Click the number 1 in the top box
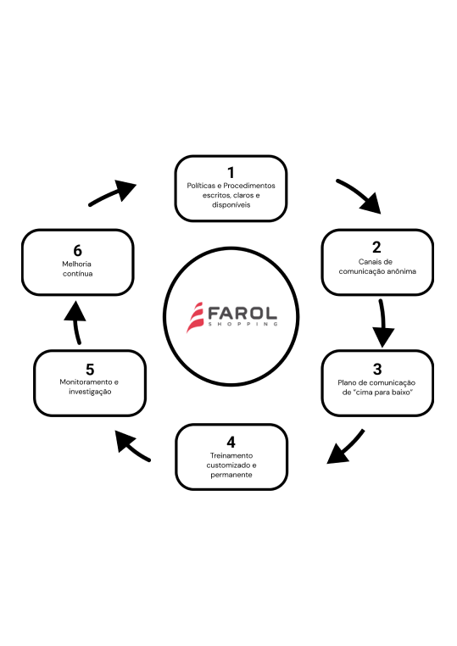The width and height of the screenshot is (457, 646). [231, 172]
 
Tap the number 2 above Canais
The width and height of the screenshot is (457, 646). [376, 248]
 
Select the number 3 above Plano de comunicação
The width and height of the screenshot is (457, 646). [377, 369]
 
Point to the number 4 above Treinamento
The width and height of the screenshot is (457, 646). [231, 442]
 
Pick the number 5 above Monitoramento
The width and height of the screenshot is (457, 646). [90, 369]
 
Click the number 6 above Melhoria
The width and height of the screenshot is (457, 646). [77, 250]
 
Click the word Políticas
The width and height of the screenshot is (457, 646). [201, 186]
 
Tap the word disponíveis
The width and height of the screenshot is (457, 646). [231, 205]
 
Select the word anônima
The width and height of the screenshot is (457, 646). [401, 271]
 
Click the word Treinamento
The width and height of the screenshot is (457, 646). [231, 455]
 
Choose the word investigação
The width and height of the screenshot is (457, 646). [90, 392]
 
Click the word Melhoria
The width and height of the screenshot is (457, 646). [76, 265]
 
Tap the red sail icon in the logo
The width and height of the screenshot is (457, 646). [194, 317]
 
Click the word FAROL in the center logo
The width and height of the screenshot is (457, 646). [242, 314]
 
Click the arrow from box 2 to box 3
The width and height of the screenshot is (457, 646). [383, 323]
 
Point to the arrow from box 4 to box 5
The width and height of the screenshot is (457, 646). [132, 445]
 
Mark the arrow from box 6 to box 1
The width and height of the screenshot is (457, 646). [112, 192]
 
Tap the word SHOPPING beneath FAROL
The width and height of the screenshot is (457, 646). [243, 324]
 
